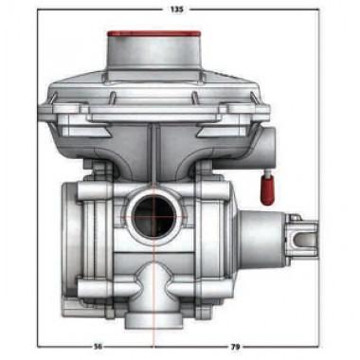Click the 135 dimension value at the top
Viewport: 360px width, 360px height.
coord(176,9)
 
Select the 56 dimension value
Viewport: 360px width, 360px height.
coord(99,347)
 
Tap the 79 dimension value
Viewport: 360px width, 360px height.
coord(236,347)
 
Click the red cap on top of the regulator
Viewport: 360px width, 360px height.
coord(153,34)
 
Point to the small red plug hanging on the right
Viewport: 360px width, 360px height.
coord(266,189)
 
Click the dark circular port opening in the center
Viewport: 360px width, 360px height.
coord(153,217)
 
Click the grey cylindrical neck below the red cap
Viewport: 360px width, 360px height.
coord(153,54)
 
